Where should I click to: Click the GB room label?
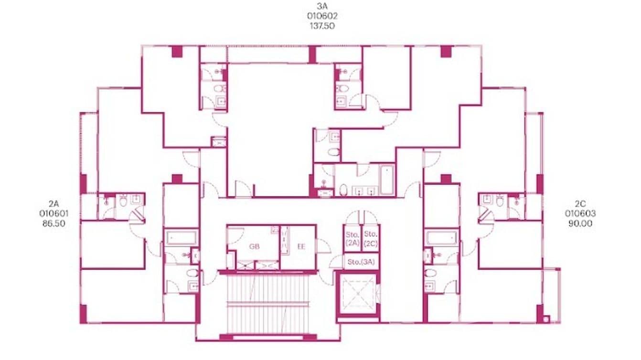[x=254, y=247]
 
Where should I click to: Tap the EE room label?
[x=301, y=247]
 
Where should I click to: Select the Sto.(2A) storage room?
[x=352, y=238]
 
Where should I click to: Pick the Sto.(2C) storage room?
[x=371, y=238]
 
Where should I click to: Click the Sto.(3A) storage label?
[x=361, y=262]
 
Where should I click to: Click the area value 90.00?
[x=579, y=223]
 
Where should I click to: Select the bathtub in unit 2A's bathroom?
[x=182, y=238]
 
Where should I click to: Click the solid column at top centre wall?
[x=312, y=54]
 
